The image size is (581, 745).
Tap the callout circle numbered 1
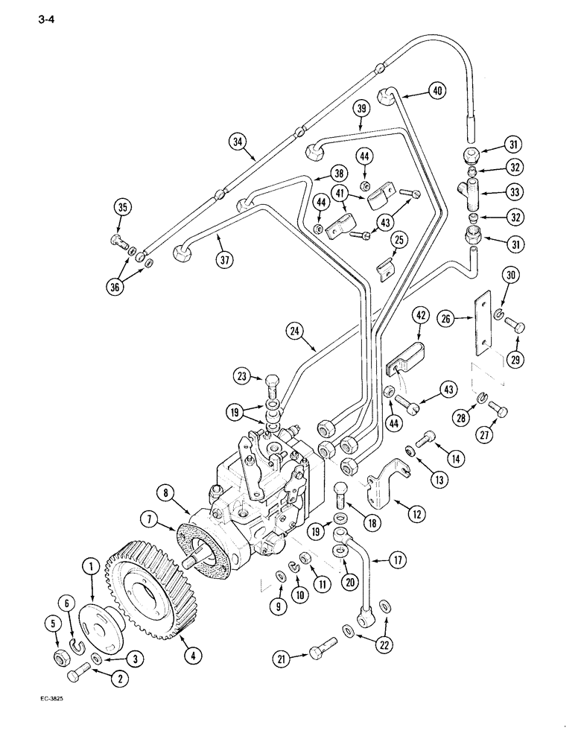90,568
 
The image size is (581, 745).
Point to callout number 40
437,92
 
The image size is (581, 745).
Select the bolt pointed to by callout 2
78,677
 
